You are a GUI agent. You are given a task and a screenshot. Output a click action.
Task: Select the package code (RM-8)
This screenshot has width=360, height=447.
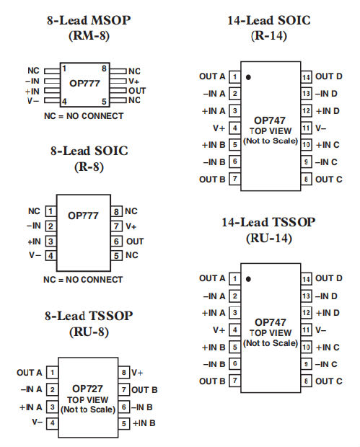click(x=87, y=35)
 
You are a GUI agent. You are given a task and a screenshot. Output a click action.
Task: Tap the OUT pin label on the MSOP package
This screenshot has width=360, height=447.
click(x=137, y=91)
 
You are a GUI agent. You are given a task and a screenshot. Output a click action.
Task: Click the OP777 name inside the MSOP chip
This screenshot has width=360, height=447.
click(x=84, y=83)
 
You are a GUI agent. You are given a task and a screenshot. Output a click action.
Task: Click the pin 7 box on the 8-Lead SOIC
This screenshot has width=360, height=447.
click(x=115, y=226)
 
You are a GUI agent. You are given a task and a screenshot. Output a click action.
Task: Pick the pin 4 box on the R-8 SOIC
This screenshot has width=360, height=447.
click(x=51, y=255)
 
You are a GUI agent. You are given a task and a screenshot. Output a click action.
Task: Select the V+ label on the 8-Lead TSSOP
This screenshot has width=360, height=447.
click(x=137, y=372)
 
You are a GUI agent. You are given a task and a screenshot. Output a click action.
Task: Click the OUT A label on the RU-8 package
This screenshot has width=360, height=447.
click(x=30, y=373)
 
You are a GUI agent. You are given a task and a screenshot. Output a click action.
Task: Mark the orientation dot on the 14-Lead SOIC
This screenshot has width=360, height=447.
click(x=247, y=75)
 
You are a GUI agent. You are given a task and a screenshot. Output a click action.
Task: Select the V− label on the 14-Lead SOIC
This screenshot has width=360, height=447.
click(x=322, y=128)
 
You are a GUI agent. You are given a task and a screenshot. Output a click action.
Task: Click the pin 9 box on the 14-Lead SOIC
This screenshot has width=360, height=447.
click(x=307, y=162)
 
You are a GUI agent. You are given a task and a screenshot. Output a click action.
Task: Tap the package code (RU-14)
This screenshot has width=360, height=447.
click(x=269, y=237)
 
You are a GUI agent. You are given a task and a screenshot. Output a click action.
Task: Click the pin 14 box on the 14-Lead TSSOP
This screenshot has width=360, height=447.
click(x=307, y=278)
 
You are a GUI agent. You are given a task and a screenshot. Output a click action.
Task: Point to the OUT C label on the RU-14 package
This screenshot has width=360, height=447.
click(x=328, y=381)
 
